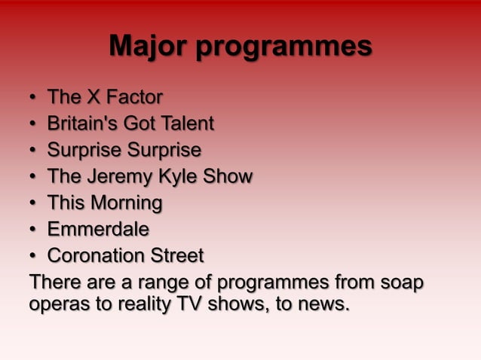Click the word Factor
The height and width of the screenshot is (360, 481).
click(x=134, y=97)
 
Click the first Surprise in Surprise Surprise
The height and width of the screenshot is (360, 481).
click(x=82, y=151)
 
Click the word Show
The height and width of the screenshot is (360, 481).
click(x=228, y=177)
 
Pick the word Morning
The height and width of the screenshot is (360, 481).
click(x=124, y=203)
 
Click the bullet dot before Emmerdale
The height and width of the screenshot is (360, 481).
click(x=33, y=230)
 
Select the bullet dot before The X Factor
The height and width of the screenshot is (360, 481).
click(x=33, y=98)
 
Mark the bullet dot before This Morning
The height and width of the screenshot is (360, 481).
click(x=33, y=203)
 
